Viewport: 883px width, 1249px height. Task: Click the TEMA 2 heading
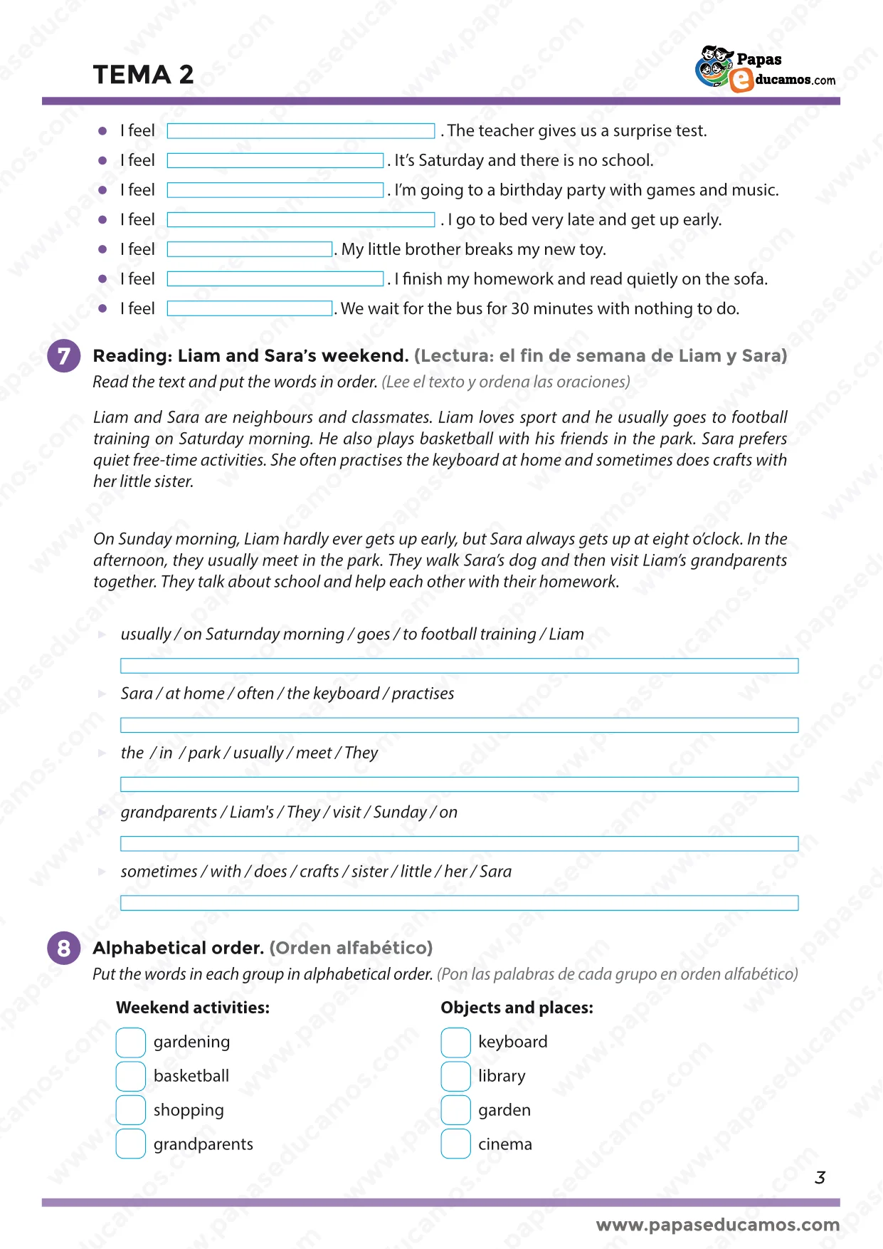pos(143,75)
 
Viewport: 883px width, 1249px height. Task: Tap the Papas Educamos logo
pos(765,69)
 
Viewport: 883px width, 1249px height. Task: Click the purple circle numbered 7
pos(64,355)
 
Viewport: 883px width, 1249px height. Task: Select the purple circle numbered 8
pos(64,948)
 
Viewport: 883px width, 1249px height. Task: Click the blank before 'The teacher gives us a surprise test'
pos(300,131)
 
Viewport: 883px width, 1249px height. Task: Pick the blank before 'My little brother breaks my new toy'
pos(250,249)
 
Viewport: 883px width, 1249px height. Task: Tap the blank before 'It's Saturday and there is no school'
pos(275,161)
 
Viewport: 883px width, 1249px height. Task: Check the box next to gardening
pos(131,1042)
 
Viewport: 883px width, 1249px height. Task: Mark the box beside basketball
pos(131,1077)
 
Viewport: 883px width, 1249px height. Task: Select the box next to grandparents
pos(131,1144)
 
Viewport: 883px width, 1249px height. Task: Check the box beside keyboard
pos(455,1042)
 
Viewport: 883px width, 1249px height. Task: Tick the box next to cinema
pos(455,1144)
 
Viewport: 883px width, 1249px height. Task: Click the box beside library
pos(455,1077)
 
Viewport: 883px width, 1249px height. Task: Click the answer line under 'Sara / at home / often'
pos(459,725)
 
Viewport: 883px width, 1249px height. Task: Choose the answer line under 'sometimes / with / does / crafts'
pos(459,903)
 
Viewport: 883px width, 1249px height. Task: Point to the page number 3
pos(820,1178)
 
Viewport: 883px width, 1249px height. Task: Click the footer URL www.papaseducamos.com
pos(717,1225)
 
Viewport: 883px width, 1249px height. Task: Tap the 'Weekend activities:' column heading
pos(193,1008)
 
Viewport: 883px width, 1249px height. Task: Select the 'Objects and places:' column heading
pos(517,1008)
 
